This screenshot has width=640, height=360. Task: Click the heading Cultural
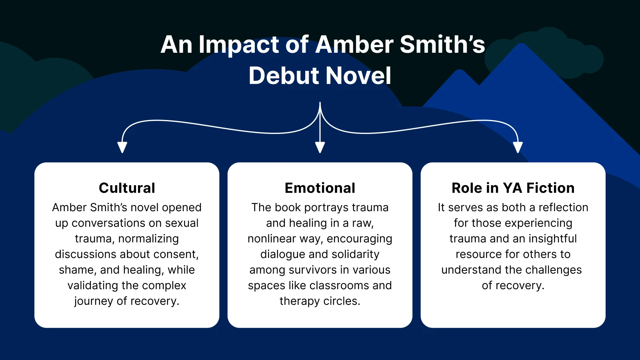point(127,188)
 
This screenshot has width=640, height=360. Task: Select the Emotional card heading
point(320,188)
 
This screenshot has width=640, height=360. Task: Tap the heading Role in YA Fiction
point(513,188)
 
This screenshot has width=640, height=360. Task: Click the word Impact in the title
point(239,44)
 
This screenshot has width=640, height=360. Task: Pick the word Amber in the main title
point(354,44)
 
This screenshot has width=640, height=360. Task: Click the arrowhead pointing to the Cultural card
point(122,147)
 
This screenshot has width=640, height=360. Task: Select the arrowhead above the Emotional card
point(320,147)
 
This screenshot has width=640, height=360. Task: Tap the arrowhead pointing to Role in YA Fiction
point(518,147)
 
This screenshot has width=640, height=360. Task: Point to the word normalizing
point(148,239)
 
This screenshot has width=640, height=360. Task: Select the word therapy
point(300,301)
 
